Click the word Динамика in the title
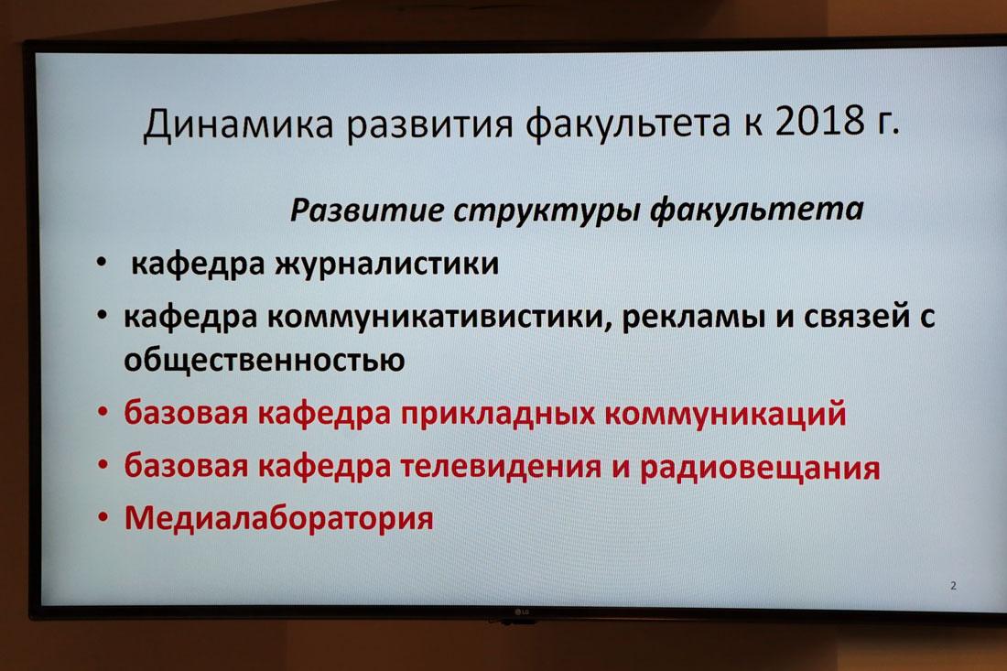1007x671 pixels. tap(238, 124)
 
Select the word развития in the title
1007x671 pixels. tap(430, 125)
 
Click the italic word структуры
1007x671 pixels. tap(546, 211)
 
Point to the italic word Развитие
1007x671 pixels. tap(367, 210)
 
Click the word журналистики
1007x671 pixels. tap(387, 265)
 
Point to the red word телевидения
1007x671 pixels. tap(501, 467)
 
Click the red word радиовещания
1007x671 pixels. tap(760, 468)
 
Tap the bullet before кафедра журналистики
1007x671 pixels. tap(102, 262)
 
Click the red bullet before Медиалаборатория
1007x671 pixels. tap(103, 517)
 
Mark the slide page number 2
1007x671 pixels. tap(953, 586)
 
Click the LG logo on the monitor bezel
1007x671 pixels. tap(522, 611)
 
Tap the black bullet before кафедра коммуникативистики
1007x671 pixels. tap(103, 315)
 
